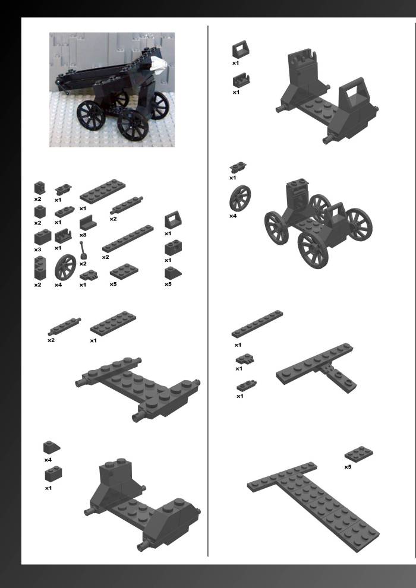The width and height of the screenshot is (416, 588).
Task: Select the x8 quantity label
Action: tap(83, 235)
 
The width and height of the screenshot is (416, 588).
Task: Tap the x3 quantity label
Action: tap(37, 249)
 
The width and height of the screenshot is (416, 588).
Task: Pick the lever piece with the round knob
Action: tap(83, 250)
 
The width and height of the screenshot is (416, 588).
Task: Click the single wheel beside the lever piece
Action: tap(65, 267)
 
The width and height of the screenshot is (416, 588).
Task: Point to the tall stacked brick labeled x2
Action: tap(40, 268)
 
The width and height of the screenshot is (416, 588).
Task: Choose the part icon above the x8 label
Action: tap(88, 223)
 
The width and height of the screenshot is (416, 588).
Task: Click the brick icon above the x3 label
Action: tap(42, 237)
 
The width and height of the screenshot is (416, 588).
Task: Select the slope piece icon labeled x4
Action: tap(51, 447)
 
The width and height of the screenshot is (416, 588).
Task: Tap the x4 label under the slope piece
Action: tap(48, 460)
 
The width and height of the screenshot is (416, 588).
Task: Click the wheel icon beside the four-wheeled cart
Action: tap(240, 198)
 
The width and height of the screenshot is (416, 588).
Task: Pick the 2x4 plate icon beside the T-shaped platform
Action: tap(358, 454)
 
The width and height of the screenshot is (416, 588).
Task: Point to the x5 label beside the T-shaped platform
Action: tap(348, 467)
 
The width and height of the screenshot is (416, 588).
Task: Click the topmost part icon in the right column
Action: tap(241, 49)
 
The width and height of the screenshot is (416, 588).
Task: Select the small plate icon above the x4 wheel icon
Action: tap(238, 167)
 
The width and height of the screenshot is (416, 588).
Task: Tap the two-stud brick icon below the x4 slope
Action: tap(53, 475)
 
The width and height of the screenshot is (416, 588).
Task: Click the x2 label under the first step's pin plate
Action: tap(51, 340)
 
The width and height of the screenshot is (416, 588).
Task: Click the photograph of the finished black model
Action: tap(112, 90)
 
